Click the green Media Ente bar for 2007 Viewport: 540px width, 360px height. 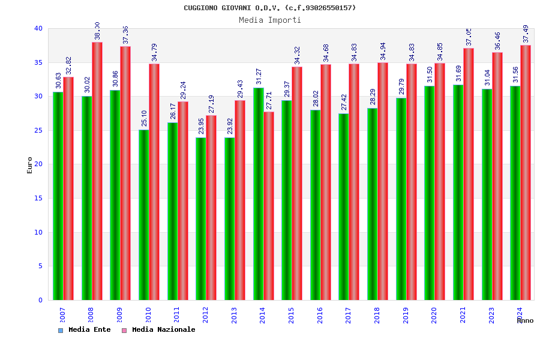58,196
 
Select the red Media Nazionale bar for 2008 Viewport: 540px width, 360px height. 97,171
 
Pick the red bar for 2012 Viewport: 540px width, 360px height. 211,208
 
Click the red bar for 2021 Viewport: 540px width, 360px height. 469,174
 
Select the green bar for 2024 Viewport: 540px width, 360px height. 515,193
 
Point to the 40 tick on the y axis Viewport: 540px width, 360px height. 38,28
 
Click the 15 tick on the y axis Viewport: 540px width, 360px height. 38,198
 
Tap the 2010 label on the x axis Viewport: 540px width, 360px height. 148,315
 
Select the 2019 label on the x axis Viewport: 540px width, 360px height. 406,315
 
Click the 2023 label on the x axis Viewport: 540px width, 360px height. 491,315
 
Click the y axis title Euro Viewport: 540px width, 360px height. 30,165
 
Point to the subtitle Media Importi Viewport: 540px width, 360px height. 270,20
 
